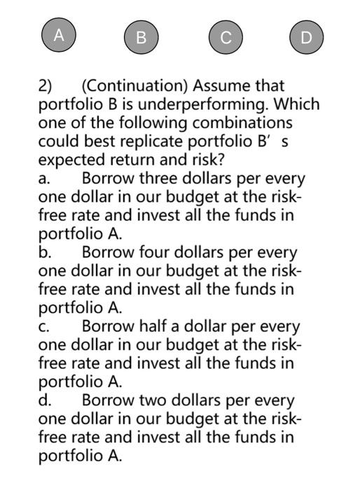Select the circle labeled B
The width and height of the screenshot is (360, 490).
click(141, 37)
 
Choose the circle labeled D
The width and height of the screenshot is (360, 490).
click(307, 37)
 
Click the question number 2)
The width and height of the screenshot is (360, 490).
click(46, 86)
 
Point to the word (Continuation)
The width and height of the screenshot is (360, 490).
click(135, 86)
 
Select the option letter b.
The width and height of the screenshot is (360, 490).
click(43, 253)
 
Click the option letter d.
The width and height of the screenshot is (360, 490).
click(43, 401)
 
